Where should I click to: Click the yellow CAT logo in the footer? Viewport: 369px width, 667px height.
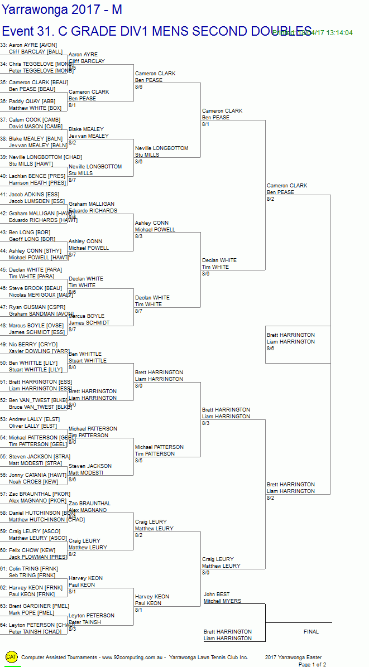tap(11, 657)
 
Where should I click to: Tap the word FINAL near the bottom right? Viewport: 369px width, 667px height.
tap(311, 632)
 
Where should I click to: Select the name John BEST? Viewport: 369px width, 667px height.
tap(217, 594)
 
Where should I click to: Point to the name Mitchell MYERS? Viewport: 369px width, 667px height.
tap(222, 601)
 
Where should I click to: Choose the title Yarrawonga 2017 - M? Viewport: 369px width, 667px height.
tap(62, 9)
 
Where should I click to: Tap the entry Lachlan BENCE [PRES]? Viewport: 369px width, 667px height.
tap(37, 176)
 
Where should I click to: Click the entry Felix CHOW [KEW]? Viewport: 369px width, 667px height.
tap(32, 550)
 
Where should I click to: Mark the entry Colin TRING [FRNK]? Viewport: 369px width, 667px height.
tap(32, 569)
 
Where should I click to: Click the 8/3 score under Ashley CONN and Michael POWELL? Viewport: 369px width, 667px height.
tap(138, 236)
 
